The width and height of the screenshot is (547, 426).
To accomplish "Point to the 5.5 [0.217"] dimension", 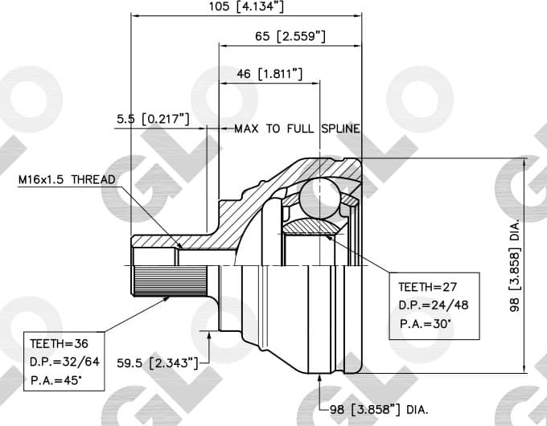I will coord(153,119).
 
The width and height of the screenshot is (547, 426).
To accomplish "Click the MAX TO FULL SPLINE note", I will coord(297,129).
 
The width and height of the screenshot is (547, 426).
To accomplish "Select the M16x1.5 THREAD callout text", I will coord(68,179).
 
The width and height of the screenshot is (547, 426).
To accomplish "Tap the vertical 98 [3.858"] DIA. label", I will coord(515,265).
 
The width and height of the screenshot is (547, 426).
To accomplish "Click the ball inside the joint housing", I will coord(319,196).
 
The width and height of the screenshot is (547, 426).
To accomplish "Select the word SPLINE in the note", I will coord(340,129).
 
